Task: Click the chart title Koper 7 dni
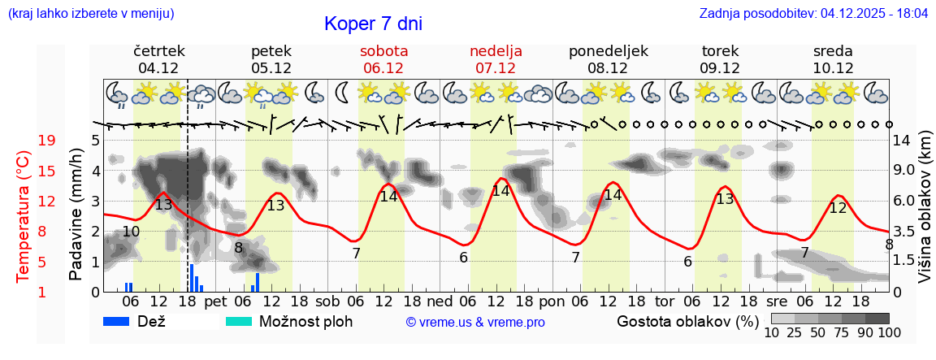[373, 24]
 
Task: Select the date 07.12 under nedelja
[496, 68]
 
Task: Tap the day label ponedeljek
[609, 51]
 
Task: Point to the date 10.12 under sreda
[833, 68]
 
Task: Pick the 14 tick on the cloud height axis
[903, 141]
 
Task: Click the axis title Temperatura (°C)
[24, 216]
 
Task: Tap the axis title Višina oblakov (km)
[925, 216]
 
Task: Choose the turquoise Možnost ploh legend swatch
[239, 321]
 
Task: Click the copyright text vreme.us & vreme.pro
[475, 323]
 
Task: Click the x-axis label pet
[215, 301]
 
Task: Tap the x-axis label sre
[778, 301]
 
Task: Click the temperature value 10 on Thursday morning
[131, 232]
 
